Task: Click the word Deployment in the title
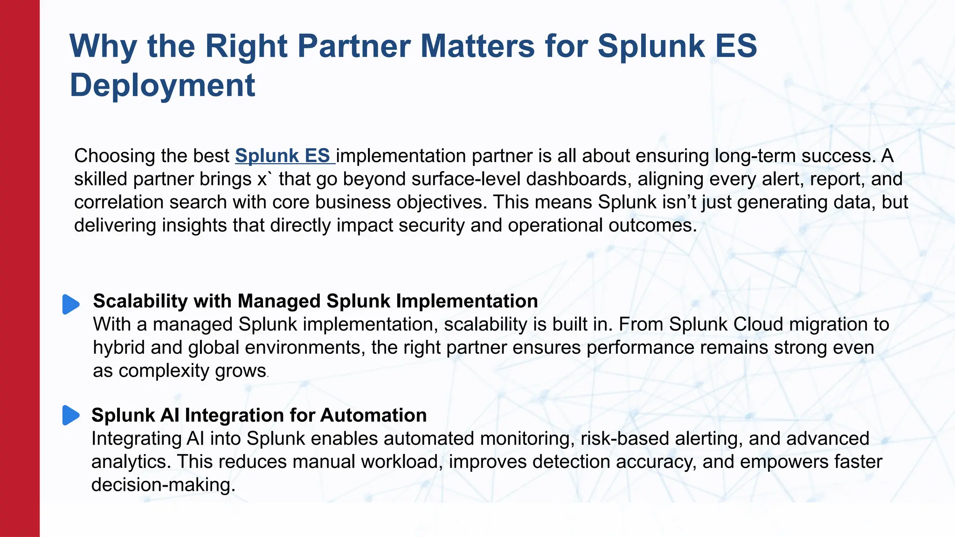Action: tap(162, 85)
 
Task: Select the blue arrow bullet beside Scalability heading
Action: tap(71, 304)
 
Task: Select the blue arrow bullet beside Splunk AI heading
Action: tap(71, 415)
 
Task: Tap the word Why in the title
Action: tap(104, 46)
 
